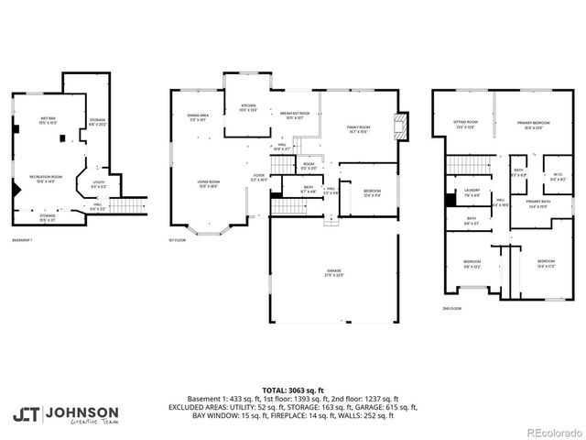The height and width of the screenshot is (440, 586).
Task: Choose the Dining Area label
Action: [199, 116]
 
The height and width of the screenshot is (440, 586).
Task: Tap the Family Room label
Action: [357, 128]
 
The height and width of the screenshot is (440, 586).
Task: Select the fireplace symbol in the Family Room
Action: [396, 123]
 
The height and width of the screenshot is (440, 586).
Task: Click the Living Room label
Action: [209, 182]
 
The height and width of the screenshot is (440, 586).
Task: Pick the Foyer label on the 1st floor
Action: [260, 177]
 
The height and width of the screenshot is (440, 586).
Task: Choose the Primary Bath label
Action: [538, 203]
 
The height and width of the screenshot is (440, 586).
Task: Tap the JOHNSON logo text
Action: [81, 412]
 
